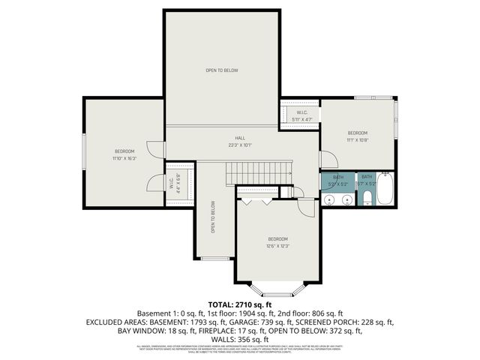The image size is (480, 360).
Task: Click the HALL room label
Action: click(x=240, y=138)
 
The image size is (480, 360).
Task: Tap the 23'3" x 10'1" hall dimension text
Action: click(x=240, y=145)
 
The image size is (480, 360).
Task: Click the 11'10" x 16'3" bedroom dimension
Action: click(x=124, y=158)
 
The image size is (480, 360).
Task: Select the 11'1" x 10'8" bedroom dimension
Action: click(x=357, y=139)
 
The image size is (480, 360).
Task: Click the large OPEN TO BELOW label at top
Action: click(x=222, y=70)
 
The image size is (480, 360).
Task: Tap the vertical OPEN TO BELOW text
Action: click(x=214, y=218)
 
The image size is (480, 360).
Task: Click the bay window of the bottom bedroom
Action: click(x=277, y=289)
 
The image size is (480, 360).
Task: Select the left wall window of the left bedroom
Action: click(x=85, y=155)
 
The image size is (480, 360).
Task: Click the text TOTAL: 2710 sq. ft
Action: click(x=239, y=304)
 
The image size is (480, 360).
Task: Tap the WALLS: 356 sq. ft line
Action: click(x=240, y=339)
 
